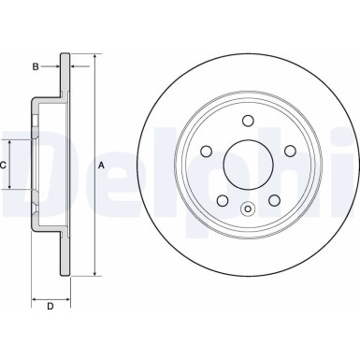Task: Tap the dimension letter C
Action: [4, 165]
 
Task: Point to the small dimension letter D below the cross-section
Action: [50, 306]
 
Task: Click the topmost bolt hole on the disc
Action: [249, 120]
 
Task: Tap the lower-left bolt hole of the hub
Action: [223, 200]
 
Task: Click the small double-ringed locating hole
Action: [249, 209]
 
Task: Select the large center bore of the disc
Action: [249, 165]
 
